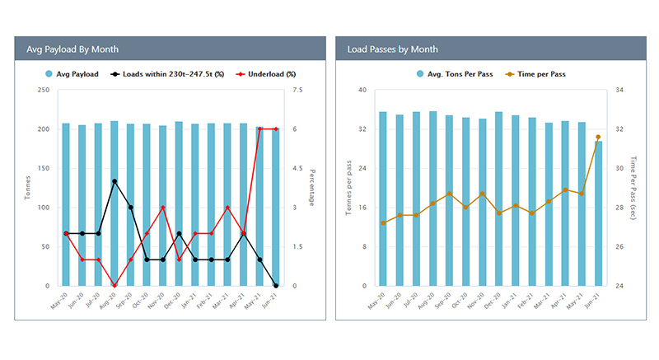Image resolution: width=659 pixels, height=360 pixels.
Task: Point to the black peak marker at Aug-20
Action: click(115, 181)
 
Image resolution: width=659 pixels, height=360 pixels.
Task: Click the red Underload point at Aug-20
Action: click(115, 286)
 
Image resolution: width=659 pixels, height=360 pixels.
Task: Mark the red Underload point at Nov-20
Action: click(163, 208)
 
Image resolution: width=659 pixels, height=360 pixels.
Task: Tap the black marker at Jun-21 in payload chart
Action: click(275, 286)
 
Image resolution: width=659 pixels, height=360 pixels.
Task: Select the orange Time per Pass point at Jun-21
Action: click(598, 137)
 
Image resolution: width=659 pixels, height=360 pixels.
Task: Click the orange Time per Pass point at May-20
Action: click(383, 223)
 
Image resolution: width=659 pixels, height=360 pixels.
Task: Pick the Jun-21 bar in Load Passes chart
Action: click(598, 213)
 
